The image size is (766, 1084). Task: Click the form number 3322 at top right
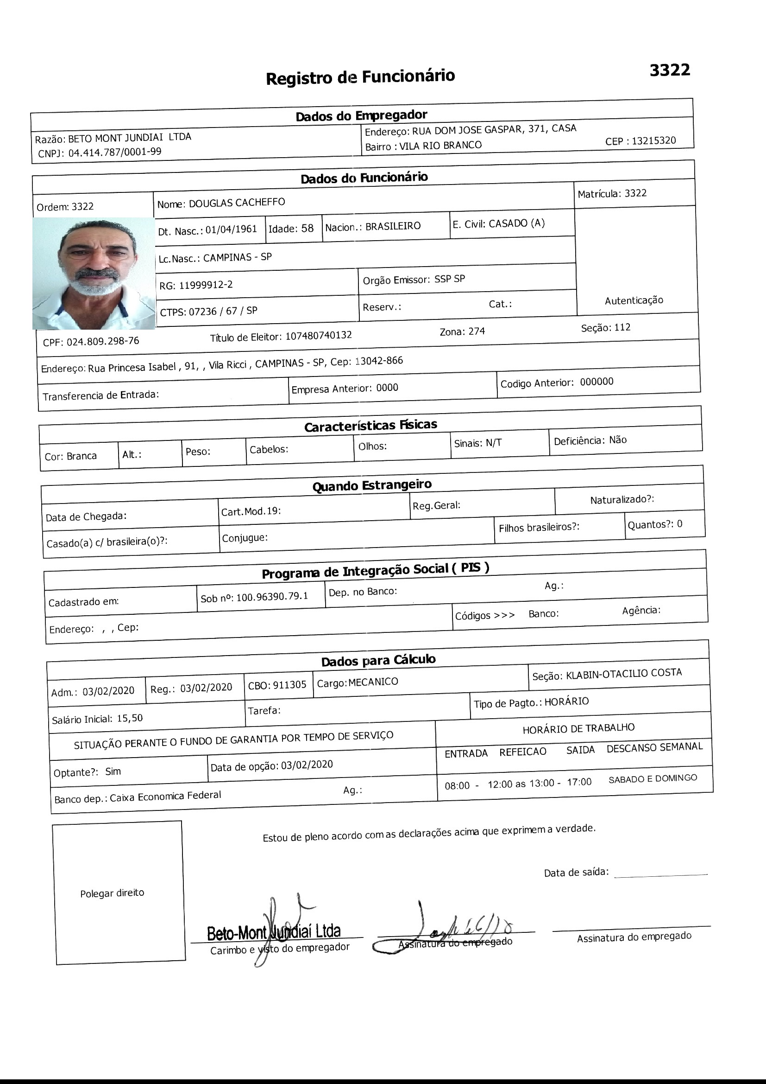point(669,70)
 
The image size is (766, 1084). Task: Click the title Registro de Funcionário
point(360,77)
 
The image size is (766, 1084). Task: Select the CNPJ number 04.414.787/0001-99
point(114,152)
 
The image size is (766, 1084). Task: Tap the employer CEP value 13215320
point(654,140)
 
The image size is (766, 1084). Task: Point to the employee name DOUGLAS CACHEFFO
point(237,203)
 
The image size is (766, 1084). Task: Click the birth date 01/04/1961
point(231,230)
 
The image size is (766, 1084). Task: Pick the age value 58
point(307,229)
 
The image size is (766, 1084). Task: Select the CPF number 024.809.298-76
point(103,341)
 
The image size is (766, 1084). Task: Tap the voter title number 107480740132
point(319,335)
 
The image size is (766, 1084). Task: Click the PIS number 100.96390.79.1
point(272,597)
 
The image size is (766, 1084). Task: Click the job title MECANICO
point(373,682)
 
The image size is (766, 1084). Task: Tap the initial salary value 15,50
point(130,718)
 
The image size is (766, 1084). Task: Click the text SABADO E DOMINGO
point(653,778)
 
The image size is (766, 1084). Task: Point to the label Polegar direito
point(112,893)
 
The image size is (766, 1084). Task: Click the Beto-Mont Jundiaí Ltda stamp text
point(274,932)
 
